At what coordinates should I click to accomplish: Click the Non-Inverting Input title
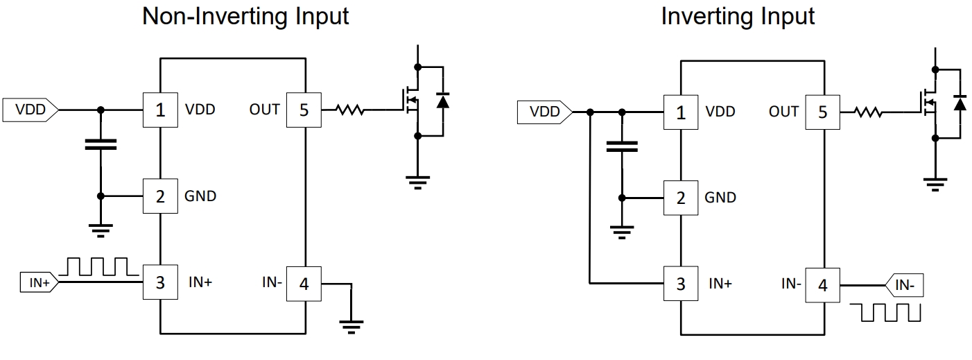[x=245, y=16]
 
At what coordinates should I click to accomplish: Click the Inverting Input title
[x=737, y=16]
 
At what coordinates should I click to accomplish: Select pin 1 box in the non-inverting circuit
[x=160, y=110]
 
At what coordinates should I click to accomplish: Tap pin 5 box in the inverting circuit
[x=822, y=112]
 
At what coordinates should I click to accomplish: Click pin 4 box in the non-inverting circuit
[x=303, y=283]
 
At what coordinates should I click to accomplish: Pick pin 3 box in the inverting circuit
[x=680, y=284]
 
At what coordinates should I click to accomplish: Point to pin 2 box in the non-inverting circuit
[x=160, y=196]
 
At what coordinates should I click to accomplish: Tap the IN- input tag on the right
[x=904, y=284]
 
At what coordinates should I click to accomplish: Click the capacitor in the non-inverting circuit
[x=101, y=145]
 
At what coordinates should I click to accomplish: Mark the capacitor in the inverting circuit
[x=622, y=146]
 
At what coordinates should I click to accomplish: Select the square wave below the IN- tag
[x=890, y=312]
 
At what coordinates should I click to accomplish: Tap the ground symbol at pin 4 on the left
[x=352, y=325]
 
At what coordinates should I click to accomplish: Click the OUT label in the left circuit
[x=264, y=110]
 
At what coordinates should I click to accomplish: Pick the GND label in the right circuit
[x=720, y=198]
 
